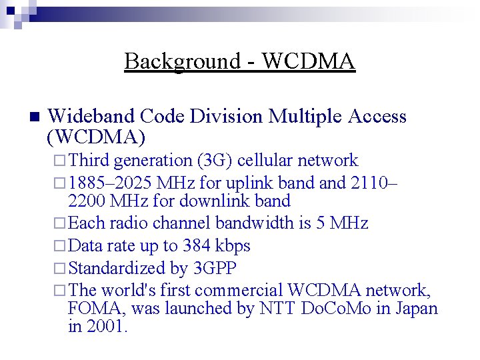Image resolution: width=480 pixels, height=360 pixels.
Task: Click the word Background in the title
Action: [x=181, y=61]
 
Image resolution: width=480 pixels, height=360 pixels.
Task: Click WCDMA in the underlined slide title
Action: [x=309, y=61]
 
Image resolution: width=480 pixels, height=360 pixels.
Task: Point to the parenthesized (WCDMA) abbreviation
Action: [x=96, y=137]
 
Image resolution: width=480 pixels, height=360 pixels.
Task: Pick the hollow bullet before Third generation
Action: [x=59, y=161]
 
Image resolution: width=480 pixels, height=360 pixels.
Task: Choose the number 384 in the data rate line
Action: [x=197, y=245]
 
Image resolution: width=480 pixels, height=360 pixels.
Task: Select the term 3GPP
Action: [x=214, y=268]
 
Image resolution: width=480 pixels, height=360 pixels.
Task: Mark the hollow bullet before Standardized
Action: [x=59, y=269]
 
